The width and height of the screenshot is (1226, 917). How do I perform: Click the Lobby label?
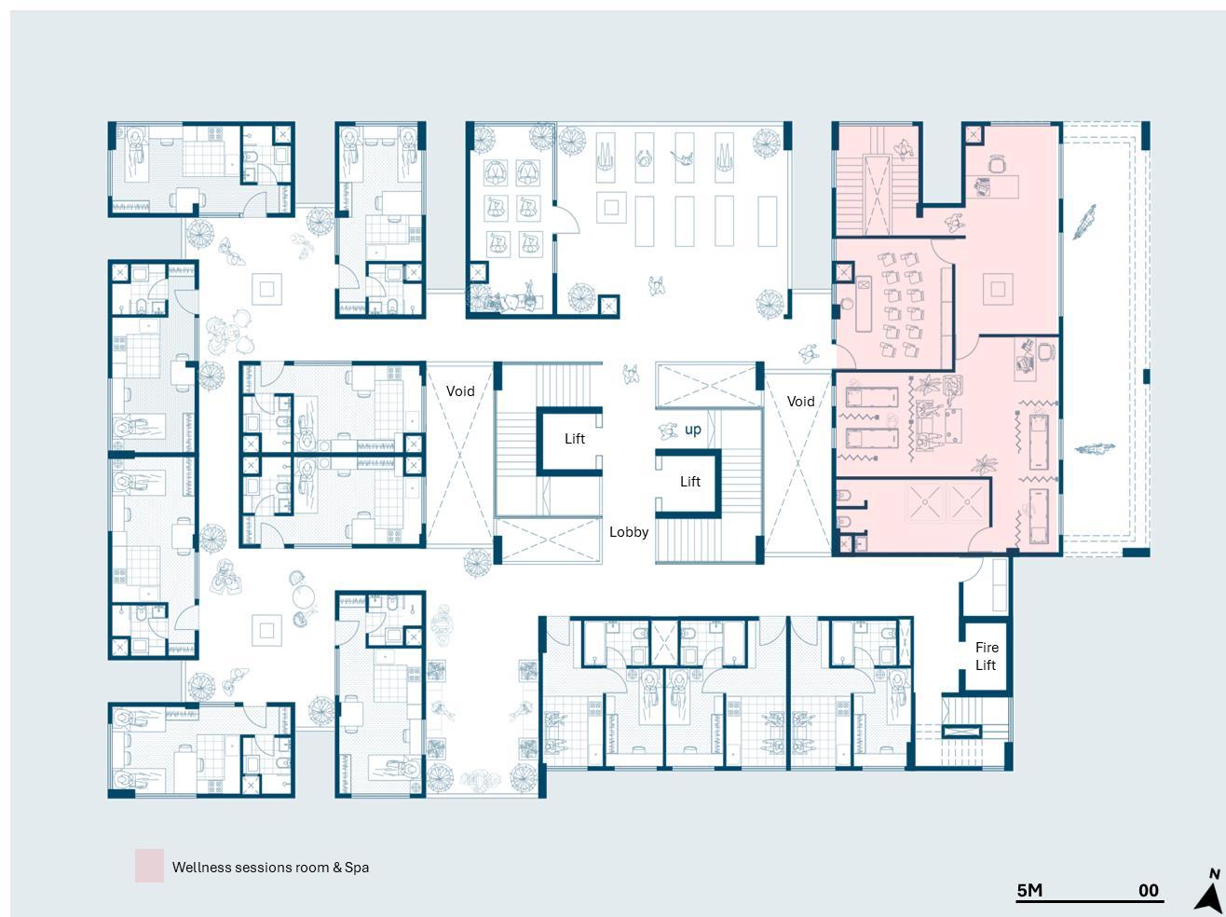(x=628, y=532)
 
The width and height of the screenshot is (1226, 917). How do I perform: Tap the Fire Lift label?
(x=986, y=656)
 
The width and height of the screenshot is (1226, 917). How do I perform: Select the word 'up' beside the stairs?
(x=692, y=430)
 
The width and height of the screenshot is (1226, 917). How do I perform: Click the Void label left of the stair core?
(x=460, y=390)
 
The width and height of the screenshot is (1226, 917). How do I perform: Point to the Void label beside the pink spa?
(x=800, y=401)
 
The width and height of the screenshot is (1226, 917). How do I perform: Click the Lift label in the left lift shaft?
(x=575, y=438)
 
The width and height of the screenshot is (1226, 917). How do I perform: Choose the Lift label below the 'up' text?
(x=689, y=482)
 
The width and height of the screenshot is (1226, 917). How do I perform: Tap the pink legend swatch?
(x=149, y=866)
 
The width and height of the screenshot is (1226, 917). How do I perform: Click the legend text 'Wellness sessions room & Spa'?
(x=270, y=868)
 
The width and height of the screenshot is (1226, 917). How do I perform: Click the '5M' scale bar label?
(x=1029, y=890)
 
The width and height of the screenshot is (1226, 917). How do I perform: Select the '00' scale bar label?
(x=1149, y=890)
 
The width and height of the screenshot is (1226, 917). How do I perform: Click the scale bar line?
(x=1090, y=901)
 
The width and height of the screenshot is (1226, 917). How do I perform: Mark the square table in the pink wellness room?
(x=998, y=289)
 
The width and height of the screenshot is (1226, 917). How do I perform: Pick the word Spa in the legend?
(x=357, y=868)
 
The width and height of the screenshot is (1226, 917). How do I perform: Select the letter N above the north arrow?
(x=1214, y=874)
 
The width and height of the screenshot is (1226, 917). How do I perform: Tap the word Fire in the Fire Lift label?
(x=987, y=648)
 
